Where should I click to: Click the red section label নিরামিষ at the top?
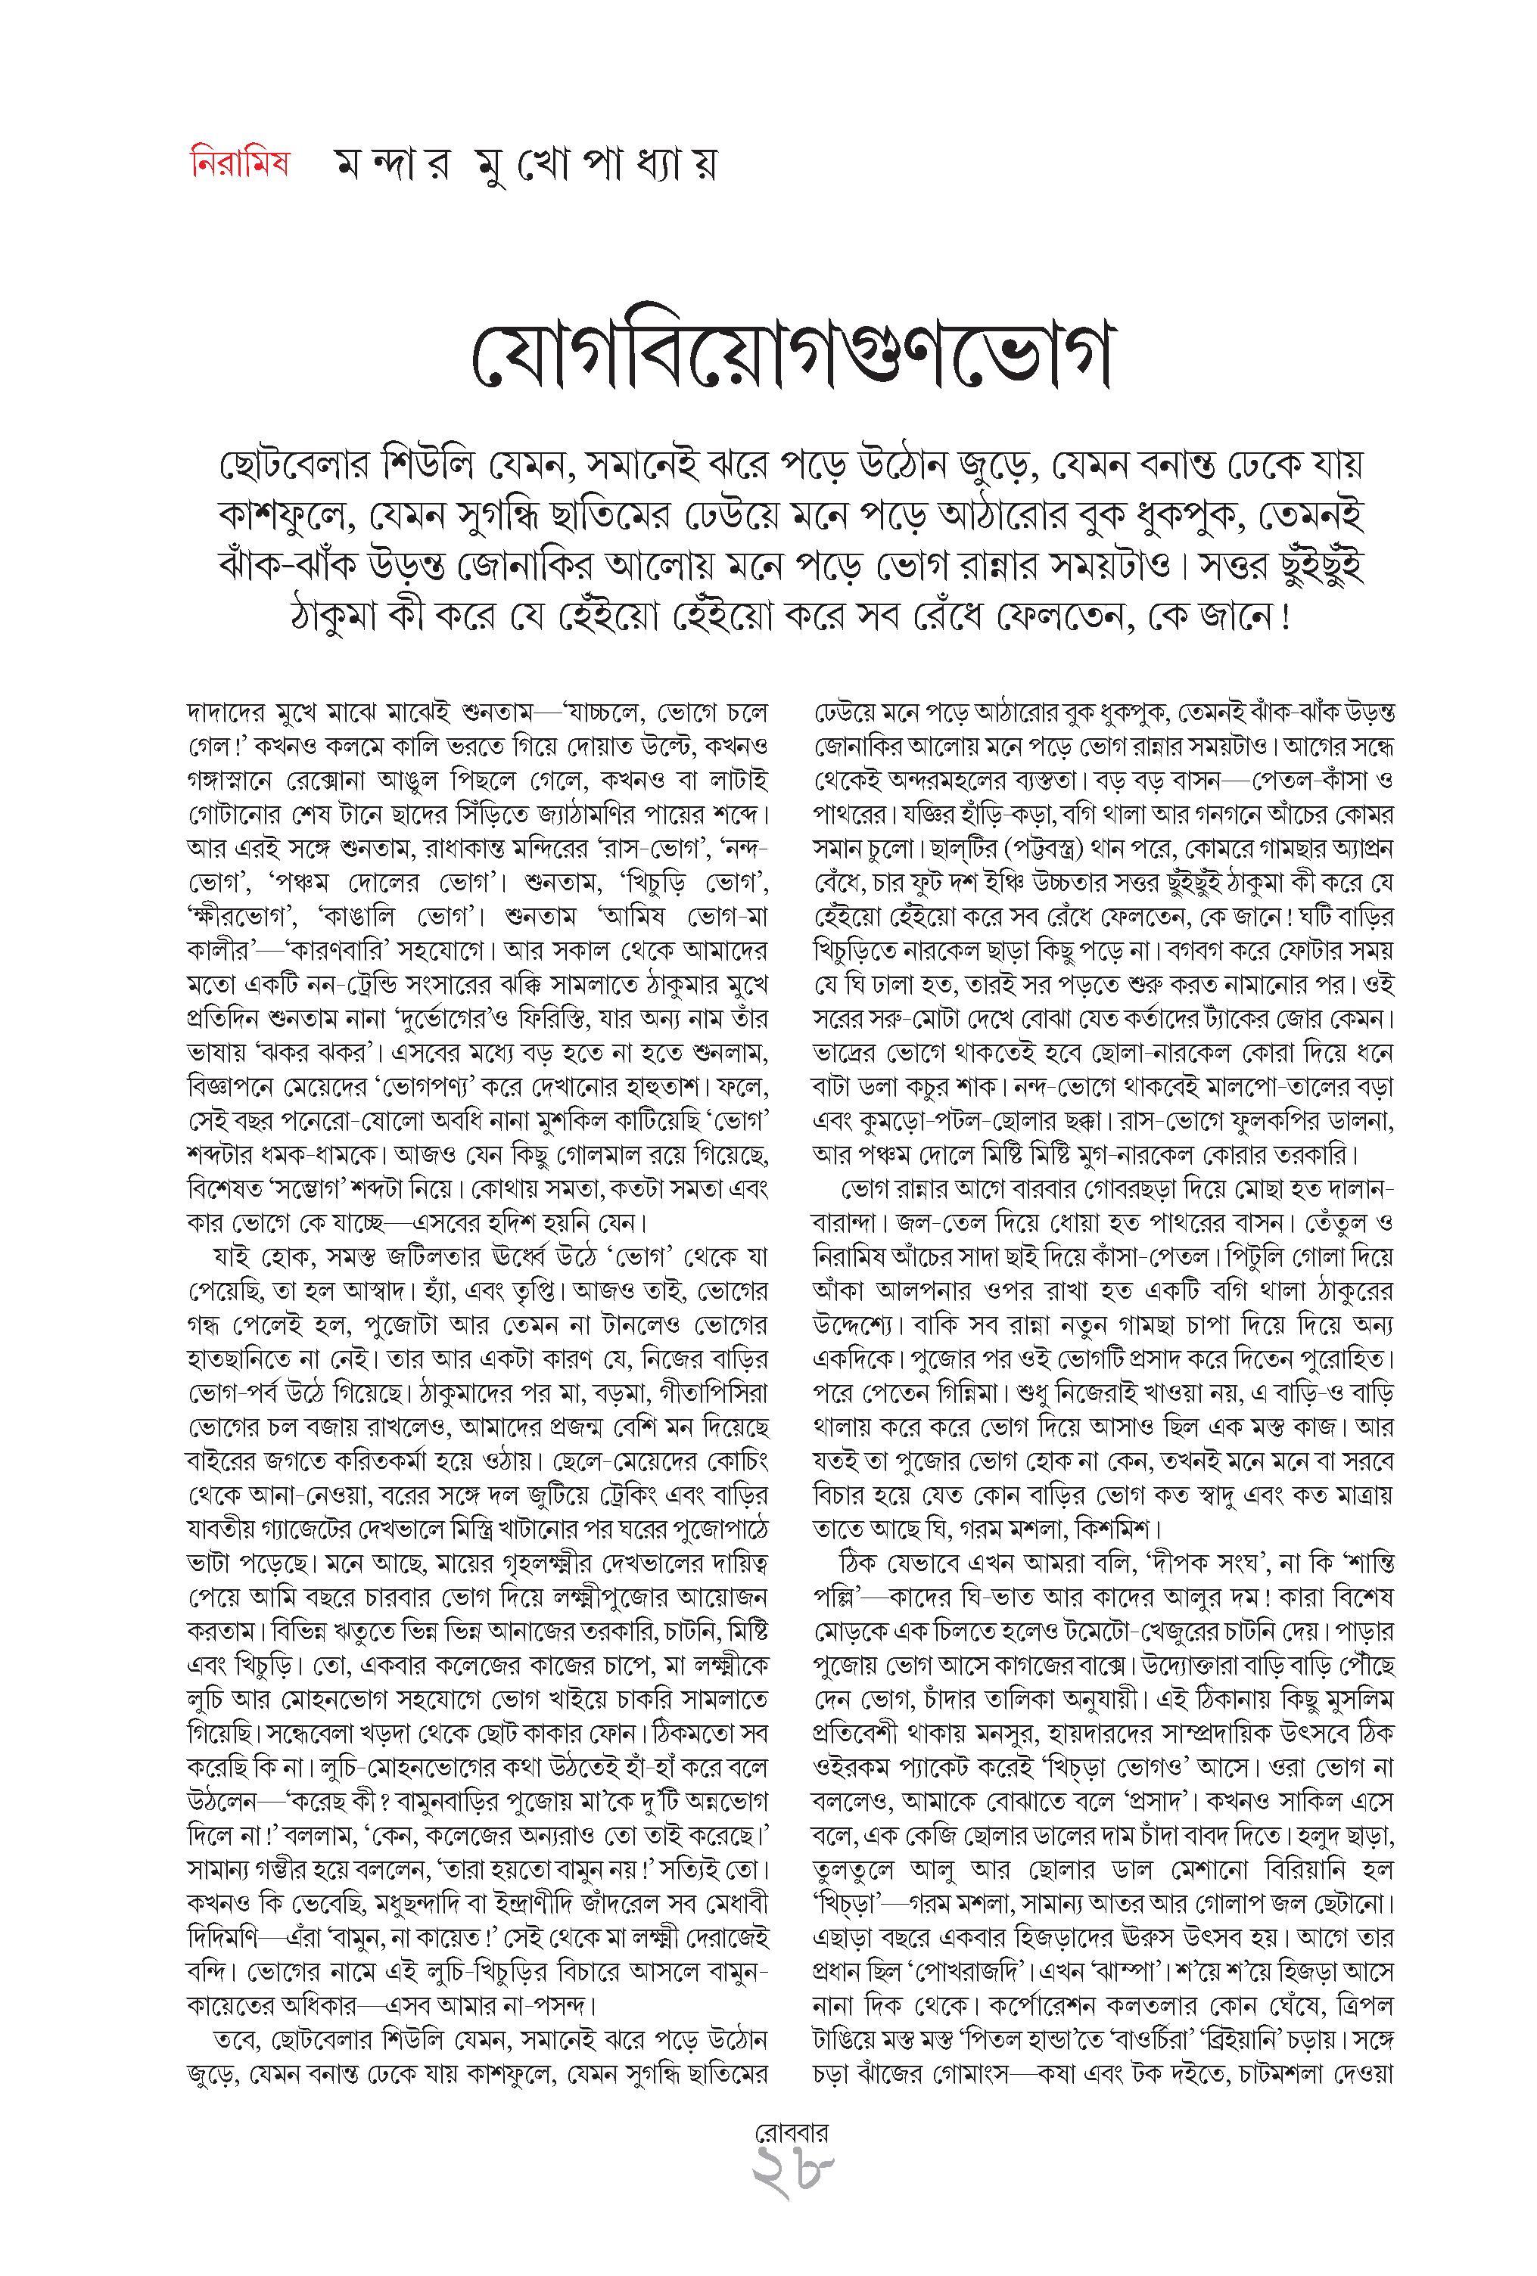click(x=238, y=163)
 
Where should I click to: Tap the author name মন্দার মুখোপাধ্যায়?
click(x=523, y=166)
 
